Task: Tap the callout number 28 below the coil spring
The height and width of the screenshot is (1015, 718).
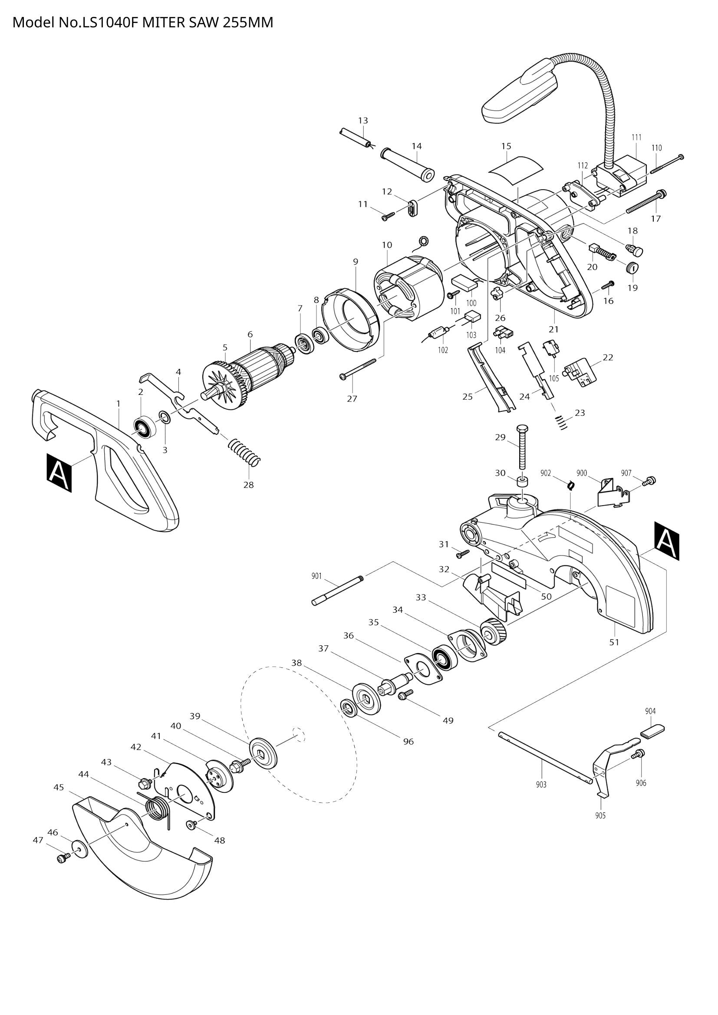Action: coord(248,485)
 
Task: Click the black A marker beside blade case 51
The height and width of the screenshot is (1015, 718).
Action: coord(666,541)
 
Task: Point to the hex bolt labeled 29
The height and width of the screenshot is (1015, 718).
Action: coord(522,449)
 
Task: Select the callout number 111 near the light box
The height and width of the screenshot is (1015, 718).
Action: coord(636,138)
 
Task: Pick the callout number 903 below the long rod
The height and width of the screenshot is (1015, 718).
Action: coord(541,785)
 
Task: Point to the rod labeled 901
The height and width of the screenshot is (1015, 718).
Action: coord(338,590)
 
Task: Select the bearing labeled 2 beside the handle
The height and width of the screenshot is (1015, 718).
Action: coord(145,427)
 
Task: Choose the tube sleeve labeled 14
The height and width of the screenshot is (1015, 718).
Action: coord(407,163)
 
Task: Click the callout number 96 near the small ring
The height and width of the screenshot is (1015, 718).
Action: coord(408,742)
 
